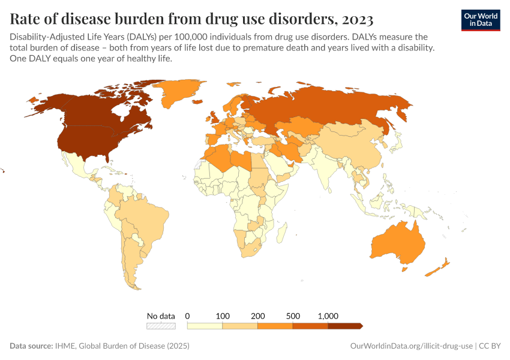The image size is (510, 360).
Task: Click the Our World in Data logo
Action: [x=480, y=19]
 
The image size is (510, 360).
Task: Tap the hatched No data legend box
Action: [x=161, y=326]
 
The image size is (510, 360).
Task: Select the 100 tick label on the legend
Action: [x=223, y=316]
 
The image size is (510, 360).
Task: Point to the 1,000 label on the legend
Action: [x=328, y=316]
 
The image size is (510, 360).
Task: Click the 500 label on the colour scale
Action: [x=293, y=316]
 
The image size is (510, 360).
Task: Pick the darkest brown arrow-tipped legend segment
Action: [x=345, y=326]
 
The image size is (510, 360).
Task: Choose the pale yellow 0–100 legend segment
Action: [x=205, y=326]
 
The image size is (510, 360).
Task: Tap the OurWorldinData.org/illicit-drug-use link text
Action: [x=411, y=346]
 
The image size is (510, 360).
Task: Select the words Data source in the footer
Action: [x=31, y=346]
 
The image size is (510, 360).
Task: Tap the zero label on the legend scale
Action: [x=188, y=316]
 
